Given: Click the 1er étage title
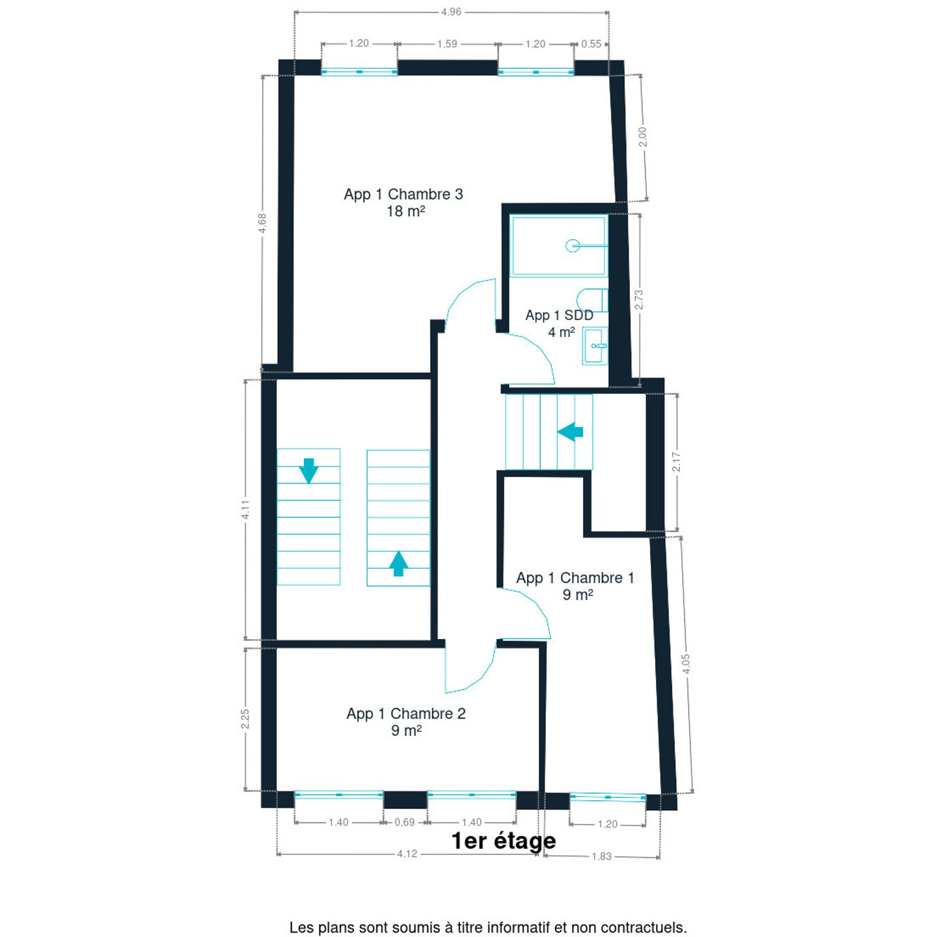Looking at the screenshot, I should (504, 841).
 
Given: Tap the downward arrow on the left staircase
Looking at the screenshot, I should (308, 470).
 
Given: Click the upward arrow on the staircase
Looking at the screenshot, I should (398, 564).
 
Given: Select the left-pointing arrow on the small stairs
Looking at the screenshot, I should (570, 431).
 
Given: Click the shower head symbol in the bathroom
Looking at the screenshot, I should (573, 245).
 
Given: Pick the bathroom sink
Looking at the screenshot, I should (595, 346).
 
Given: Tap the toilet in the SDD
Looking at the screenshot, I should (593, 300).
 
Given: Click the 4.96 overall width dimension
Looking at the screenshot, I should (451, 12).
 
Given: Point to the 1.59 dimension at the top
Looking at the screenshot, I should (447, 44).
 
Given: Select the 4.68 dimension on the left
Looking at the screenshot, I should (262, 223).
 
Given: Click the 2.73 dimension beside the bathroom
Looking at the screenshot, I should (639, 299).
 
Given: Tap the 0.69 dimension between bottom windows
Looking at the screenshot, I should (405, 822).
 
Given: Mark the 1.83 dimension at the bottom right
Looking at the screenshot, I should (601, 856).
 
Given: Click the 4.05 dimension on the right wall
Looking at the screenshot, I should (686, 664).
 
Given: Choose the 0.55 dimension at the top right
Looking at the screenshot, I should (591, 44).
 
